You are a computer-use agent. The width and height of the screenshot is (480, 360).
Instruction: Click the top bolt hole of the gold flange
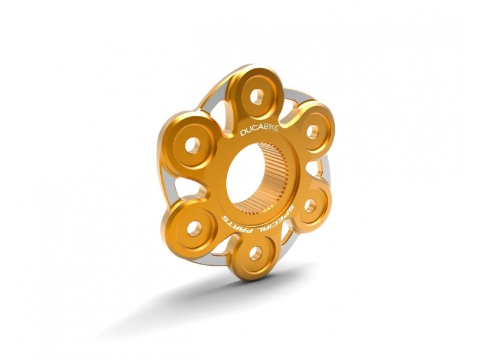[x=257, y=97]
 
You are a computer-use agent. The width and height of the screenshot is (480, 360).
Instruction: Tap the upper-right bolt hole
[x=313, y=131]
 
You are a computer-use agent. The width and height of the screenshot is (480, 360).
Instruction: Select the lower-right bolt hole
[x=310, y=206]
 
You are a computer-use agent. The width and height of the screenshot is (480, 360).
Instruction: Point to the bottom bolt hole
[x=256, y=253]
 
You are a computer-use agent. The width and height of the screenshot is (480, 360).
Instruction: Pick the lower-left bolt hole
[x=194, y=229]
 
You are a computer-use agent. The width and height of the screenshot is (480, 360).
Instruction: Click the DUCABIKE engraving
[x=259, y=130]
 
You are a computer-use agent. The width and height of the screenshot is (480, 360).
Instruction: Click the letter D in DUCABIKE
[x=243, y=133]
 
